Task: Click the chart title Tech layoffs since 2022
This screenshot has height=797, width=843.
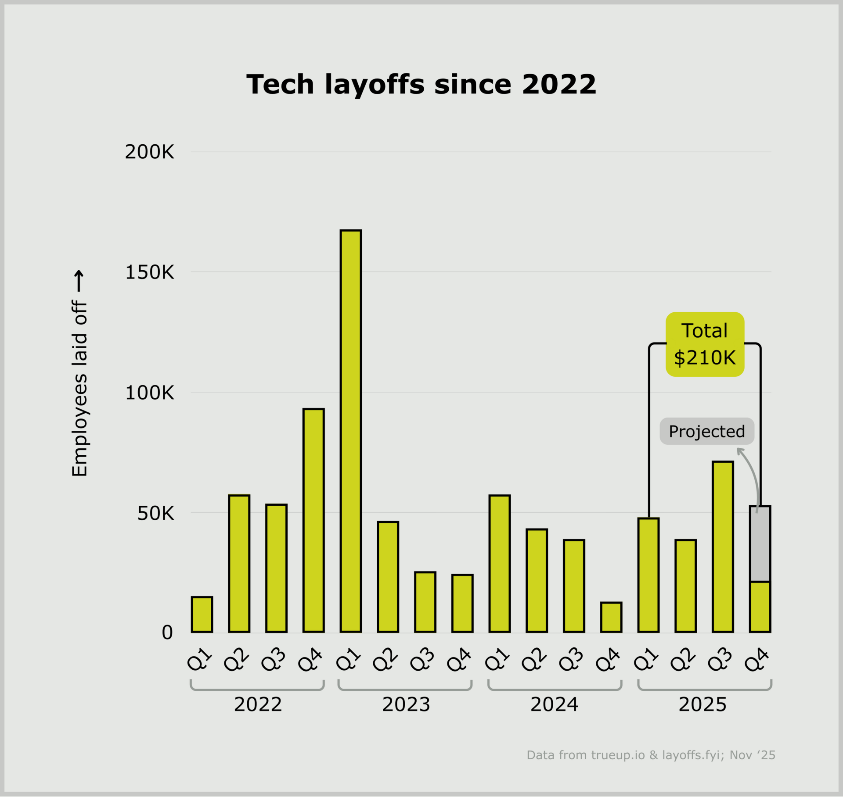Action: [421, 84]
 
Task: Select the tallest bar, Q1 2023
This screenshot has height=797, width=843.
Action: [350, 431]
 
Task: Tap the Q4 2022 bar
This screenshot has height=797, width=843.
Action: [313, 520]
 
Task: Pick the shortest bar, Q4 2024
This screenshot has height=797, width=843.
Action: [611, 617]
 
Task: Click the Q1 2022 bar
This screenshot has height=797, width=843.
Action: [202, 614]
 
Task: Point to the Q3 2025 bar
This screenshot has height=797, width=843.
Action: [723, 547]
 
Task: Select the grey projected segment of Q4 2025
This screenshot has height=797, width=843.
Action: [760, 544]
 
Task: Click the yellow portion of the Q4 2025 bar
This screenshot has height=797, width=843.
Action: [760, 607]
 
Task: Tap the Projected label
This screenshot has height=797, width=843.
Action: [707, 431]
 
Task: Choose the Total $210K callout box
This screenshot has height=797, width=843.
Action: [705, 344]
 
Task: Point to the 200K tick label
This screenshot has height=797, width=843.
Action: [149, 152]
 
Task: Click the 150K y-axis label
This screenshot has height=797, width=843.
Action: [149, 272]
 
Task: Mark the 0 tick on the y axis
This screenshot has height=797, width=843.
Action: [167, 633]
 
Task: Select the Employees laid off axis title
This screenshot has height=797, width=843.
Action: [79, 388]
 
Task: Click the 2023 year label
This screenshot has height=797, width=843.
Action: [406, 704]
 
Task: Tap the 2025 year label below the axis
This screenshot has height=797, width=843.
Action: [702, 704]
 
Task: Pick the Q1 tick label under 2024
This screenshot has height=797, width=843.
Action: [498, 659]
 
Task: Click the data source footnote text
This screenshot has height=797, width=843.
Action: [651, 755]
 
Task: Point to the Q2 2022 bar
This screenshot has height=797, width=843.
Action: [239, 564]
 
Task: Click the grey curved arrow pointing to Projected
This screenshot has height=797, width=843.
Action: [753, 476]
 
